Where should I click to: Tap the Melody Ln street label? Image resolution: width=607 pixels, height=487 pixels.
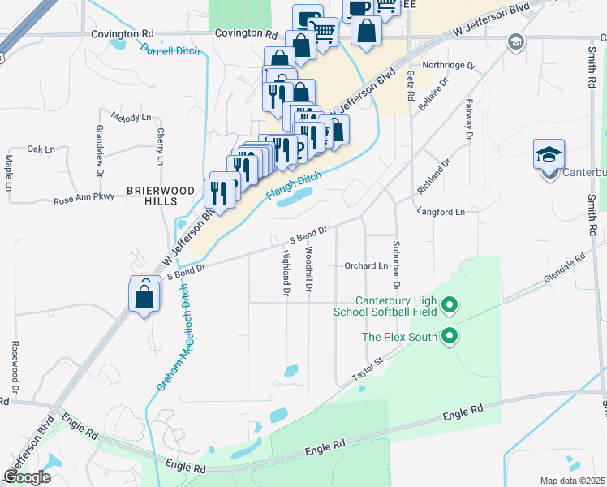(131, 117)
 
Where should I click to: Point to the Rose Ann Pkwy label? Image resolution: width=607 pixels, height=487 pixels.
(84, 199)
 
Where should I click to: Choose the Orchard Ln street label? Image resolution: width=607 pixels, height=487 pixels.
(366, 265)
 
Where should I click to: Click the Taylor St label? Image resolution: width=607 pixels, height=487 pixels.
(367, 369)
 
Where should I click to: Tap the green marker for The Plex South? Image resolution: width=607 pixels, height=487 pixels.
(450, 336)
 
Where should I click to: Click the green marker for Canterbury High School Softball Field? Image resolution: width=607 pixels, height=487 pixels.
(450, 306)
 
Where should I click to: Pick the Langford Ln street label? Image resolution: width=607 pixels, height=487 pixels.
(441, 211)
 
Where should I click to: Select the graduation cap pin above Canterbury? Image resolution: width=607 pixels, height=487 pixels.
(549, 154)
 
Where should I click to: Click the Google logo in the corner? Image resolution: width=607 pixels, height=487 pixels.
(27, 477)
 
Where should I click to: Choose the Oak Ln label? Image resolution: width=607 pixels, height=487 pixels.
(41, 149)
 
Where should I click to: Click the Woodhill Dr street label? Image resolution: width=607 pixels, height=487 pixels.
(309, 270)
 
